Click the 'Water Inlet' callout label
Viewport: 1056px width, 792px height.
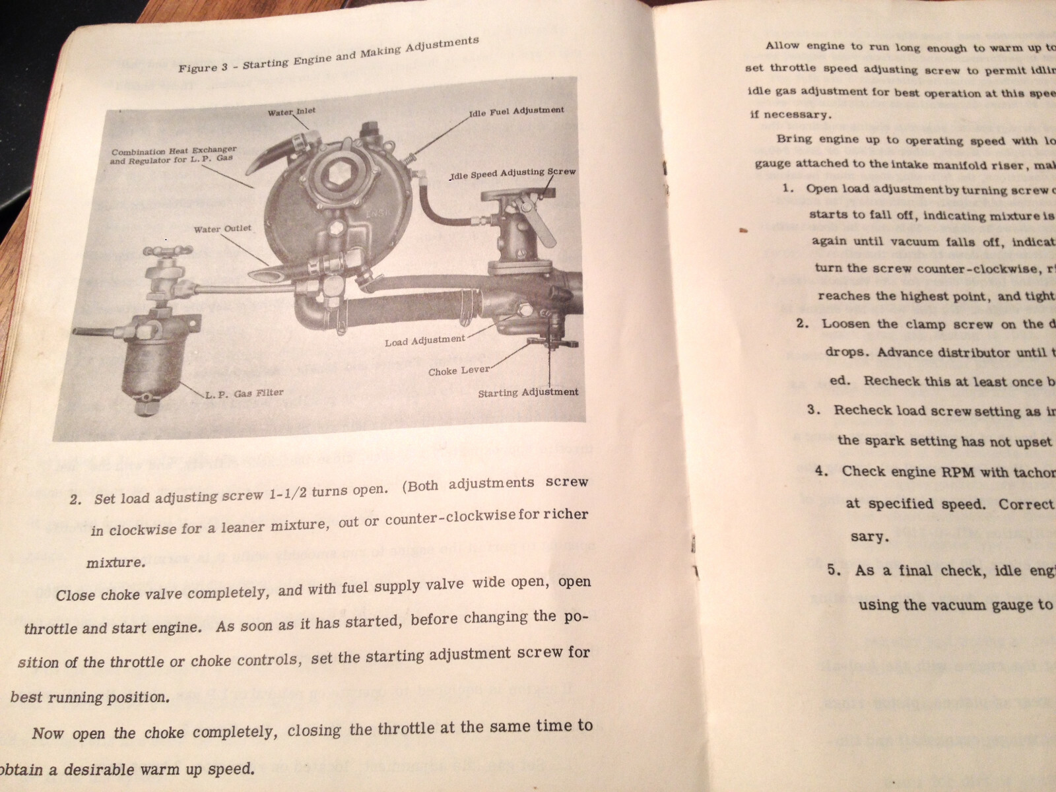291,112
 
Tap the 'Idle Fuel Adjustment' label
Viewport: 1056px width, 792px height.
516,111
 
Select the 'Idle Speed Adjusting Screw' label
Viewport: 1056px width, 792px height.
513,174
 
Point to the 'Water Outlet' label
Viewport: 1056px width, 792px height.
222,229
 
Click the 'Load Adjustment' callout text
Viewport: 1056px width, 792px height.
425,341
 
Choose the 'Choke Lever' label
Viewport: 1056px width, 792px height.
459,370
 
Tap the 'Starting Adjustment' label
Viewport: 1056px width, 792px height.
528,392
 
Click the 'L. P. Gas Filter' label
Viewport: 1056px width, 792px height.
244,393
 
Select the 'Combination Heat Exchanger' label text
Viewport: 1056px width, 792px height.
174,152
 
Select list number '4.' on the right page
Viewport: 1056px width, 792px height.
821,471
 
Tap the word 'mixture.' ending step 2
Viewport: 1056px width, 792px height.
114,563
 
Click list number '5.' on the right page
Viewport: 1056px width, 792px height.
835,571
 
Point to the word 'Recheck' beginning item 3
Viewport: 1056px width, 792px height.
861,410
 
